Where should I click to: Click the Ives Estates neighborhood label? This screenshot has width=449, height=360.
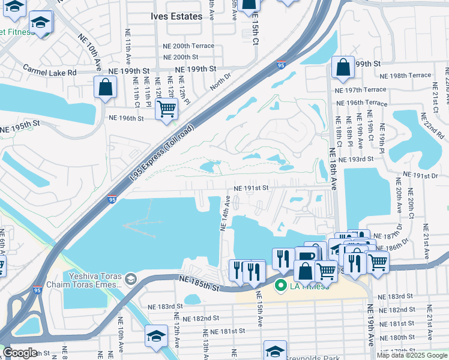176,17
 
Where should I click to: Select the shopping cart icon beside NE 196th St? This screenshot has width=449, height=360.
166,109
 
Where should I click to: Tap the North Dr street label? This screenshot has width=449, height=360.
220,82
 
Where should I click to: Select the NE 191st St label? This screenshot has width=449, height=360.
250,188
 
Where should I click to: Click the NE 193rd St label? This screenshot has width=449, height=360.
356,159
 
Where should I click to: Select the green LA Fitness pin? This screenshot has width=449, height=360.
280,286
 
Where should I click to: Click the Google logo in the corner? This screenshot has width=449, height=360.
20,352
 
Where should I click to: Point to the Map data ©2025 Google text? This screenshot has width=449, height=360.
412,355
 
